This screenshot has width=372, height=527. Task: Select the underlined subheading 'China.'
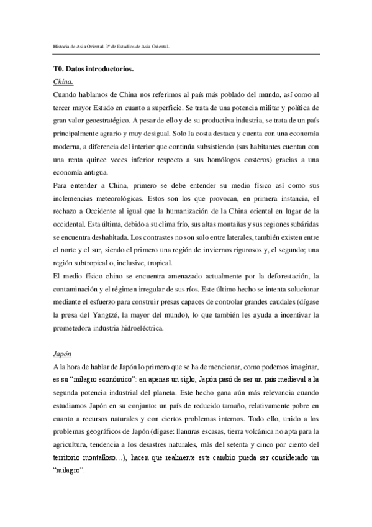[x=63, y=82]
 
